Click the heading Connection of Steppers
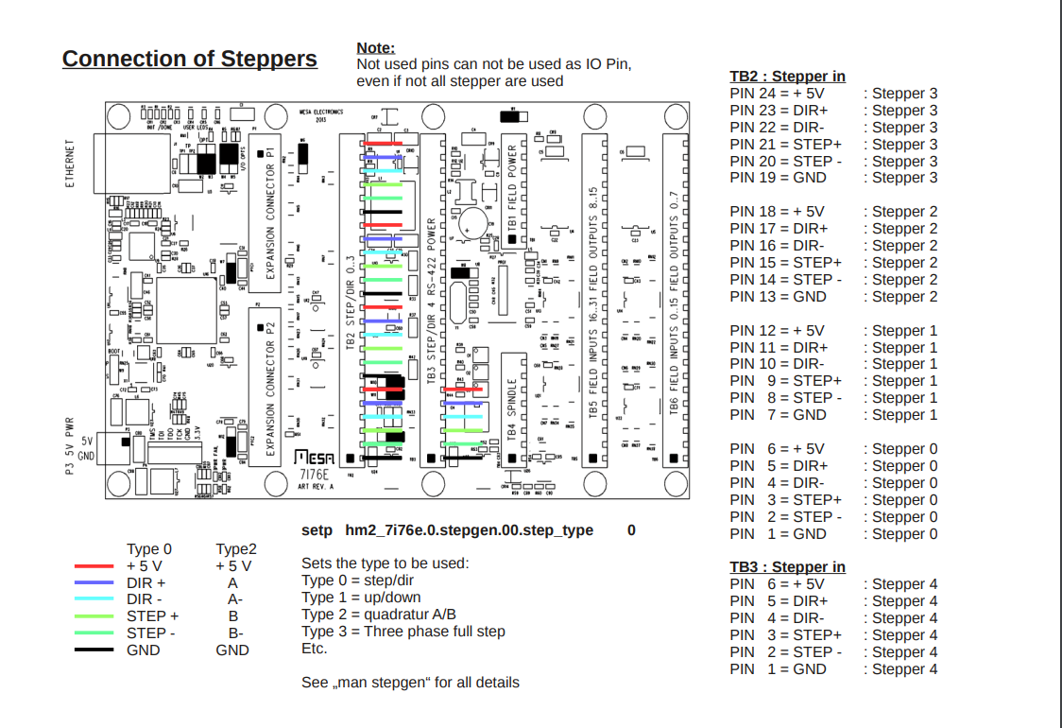tap(189, 59)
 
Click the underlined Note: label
tap(375, 48)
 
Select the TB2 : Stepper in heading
tap(787, 77)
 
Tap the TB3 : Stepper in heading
tap(787, 567)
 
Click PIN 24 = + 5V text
tap(777, 94)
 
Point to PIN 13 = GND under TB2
tap(778, 297)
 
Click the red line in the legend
tap(94, 566)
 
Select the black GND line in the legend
tap(94, 650)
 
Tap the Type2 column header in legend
tap(236, 549)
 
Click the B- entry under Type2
tap(235, 633)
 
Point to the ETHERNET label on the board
tap(70, 165)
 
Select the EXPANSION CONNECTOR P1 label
tap(270, 214)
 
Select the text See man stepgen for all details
tap(410, 683)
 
